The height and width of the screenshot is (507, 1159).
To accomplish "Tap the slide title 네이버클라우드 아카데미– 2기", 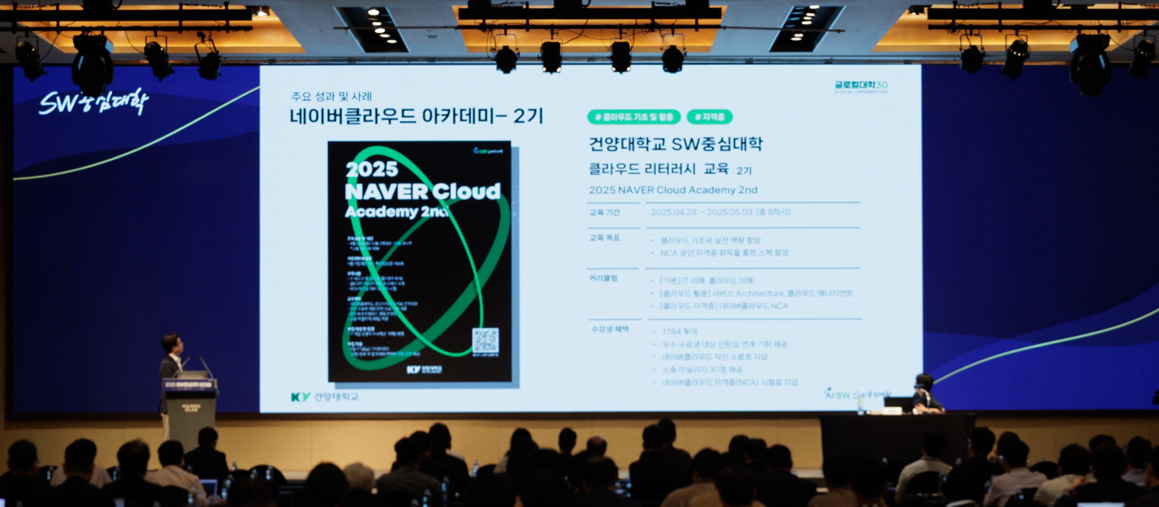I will (x=416, y=116).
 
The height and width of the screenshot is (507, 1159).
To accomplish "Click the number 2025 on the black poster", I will (x=372, y=169).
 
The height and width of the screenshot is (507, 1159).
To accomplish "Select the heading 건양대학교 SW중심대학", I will (x=675, y=144).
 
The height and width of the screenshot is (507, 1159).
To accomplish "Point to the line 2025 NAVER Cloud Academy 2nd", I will (x=673, y=190).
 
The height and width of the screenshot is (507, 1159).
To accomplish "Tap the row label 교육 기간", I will (x=604, y=212).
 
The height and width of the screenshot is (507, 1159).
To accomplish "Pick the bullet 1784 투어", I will (x=680, y=332).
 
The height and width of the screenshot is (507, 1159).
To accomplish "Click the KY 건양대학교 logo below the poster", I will (x=324, y=396).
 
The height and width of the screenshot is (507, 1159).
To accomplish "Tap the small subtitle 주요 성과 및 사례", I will (x=331, y=96).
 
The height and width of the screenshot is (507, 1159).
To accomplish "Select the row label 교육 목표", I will (x=604, y=237).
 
